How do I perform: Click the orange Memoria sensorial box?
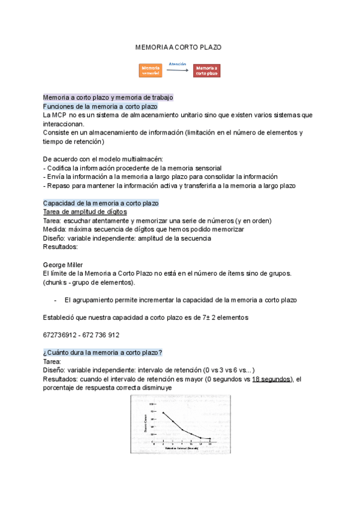point(151,71)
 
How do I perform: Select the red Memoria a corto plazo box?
point(206,71)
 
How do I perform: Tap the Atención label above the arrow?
point(178,64)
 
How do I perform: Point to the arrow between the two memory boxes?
point(178,71)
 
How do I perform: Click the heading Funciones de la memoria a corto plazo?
point(100,106)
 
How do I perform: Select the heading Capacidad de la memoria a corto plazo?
point(101,203)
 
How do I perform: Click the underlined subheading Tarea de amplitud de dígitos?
point(85,212)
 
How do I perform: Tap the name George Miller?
point(63,265)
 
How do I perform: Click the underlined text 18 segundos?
point(272,379)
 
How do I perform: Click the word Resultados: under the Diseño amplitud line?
point(61,247)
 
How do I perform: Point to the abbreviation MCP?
point(59,114)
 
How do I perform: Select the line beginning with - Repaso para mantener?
point(169,185)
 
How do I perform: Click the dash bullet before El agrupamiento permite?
point(55,300)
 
